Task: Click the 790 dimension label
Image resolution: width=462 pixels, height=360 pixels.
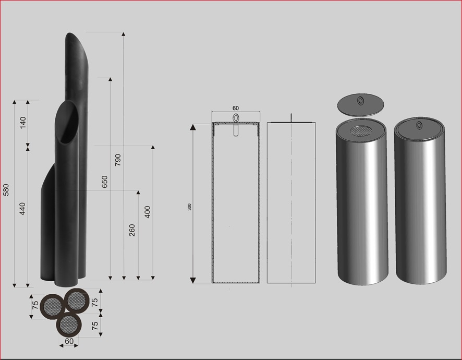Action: (x=118, y=160)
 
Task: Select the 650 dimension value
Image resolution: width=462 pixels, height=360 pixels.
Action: (x=105, y=182)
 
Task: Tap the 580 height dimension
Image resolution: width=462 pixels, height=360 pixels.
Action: (x=6, y=190)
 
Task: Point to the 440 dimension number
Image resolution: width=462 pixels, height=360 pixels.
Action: (x=22, y=209)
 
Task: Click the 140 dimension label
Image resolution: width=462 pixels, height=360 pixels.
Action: (x=23, y=123)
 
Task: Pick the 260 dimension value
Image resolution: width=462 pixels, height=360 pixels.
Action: (x=132, y=230)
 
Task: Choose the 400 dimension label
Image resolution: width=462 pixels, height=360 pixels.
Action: (x=148, y=212)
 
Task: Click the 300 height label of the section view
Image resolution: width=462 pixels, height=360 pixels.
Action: (x=189, y=207)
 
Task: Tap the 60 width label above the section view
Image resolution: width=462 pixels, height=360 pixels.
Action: (x=235, y=108)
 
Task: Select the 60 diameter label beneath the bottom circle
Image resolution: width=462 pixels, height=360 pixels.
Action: (x=69, y=341)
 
